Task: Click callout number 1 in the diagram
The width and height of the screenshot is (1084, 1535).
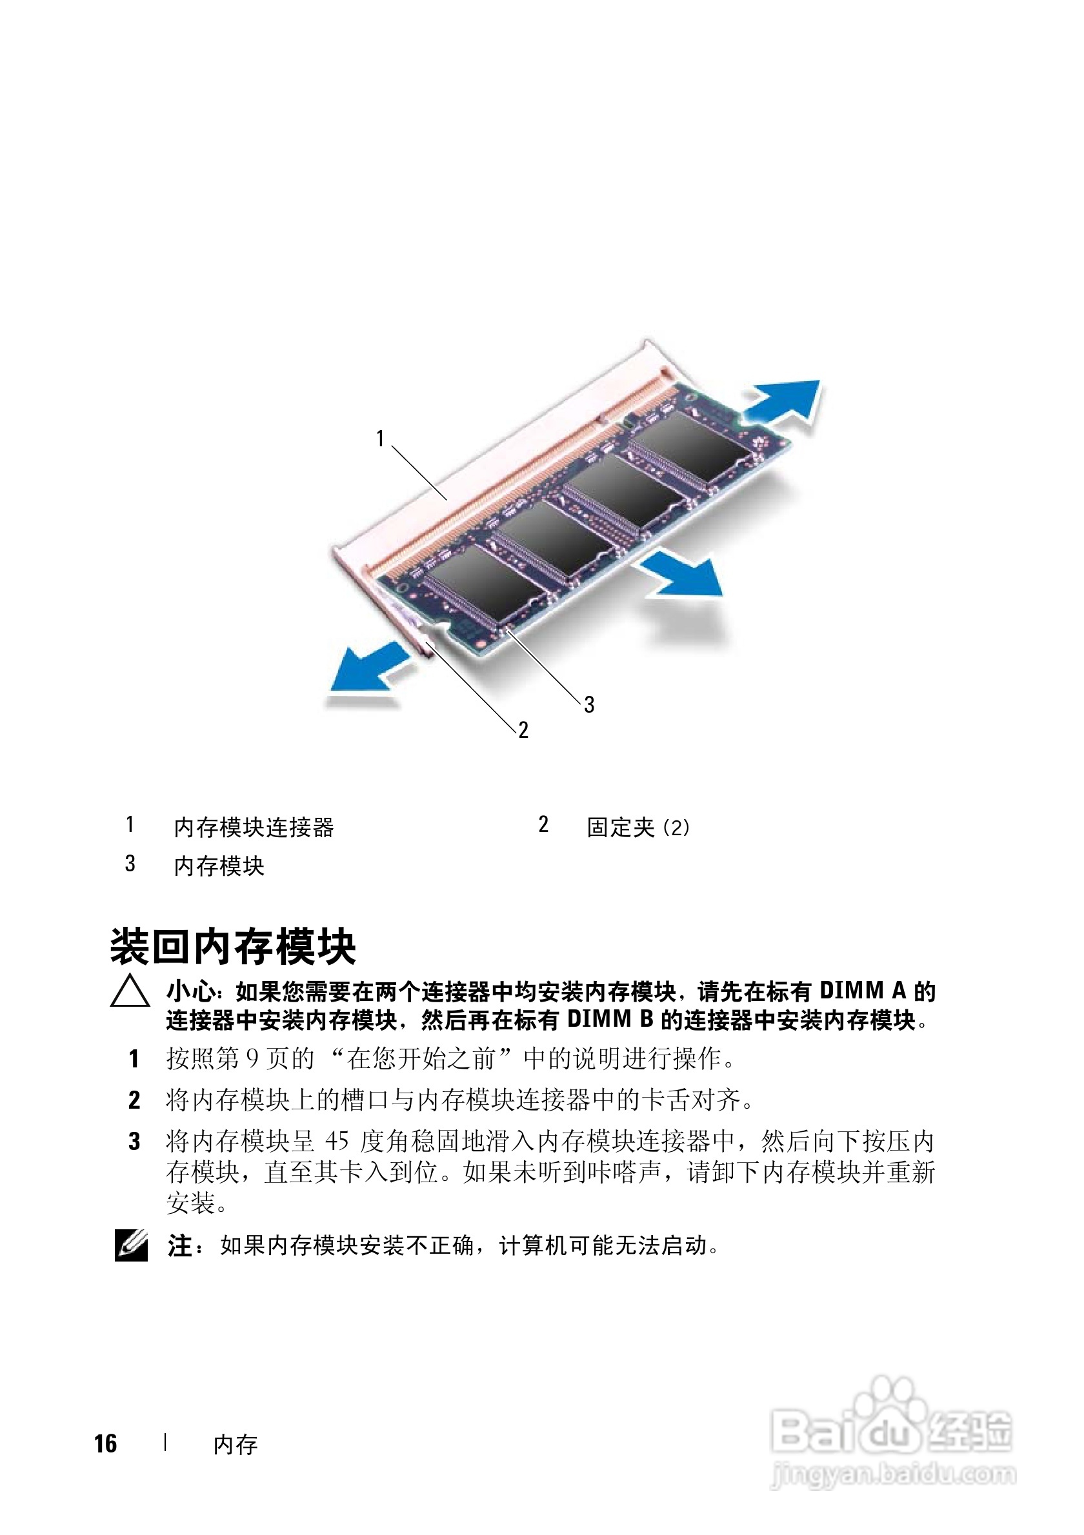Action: tap(380, 439)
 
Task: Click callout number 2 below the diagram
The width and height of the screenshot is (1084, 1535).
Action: tap(523, 729)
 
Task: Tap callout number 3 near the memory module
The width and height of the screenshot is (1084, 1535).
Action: tap(588, 704)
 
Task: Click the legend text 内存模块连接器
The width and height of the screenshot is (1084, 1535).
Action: tap(254, 827)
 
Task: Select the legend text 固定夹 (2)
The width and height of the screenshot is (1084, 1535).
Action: tap(638, 827)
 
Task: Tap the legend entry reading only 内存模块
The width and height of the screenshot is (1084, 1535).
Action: tap(219, 866)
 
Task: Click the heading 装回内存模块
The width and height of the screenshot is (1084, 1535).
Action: tap(234, 946)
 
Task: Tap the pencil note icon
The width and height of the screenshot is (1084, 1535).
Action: tap(131, 1245)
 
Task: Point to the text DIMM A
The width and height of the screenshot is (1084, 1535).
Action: tap(863, 991)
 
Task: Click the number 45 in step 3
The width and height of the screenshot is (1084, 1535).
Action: tap(337, 1141)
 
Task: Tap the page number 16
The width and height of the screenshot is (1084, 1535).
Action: tap(106, 1443)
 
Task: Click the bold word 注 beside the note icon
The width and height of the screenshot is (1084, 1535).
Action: tap(180, 1245)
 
